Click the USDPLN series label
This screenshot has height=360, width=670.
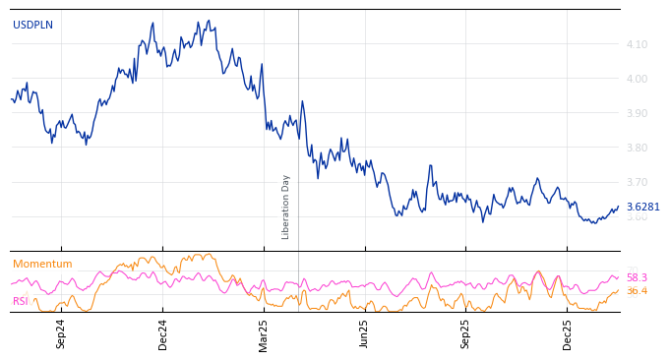[x=32, y=25]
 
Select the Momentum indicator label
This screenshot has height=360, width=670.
[x=42, y=264]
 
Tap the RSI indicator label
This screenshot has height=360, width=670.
[x=21, y=301]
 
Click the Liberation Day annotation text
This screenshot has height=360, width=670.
[x=286, y=207]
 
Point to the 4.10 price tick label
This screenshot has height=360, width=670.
[x=637, y=44]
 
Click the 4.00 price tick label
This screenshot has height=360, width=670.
[x=637, y=79]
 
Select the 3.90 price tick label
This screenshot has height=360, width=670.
[x=637, y=113]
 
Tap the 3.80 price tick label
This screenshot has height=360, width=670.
[x=637, y=148]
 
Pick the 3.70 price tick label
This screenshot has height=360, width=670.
[x=637, y=182]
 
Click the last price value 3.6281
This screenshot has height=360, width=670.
[x=643, y=207]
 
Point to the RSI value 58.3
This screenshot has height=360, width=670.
[x=637, y=277]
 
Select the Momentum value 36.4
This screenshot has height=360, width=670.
[x=637, y=291]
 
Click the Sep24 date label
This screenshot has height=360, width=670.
[x=61, y=333]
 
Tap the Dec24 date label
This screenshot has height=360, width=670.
[x=163, y=333]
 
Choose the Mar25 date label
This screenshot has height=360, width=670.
[x=264, y=333]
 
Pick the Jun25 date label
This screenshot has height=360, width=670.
[x=365, y=333]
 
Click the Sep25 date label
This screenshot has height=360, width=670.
[x=466, y=333]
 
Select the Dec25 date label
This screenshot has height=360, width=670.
[x=568, y=333]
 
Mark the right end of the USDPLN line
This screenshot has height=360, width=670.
[x=619, y=207]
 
